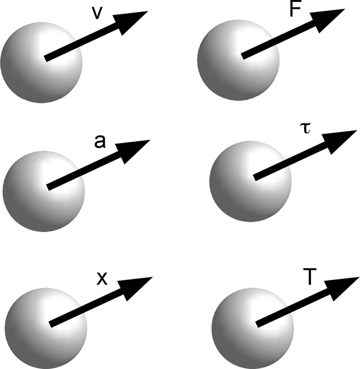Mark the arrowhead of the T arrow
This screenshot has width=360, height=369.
click(344, 287)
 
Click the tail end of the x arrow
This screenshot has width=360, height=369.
click(51, 324)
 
